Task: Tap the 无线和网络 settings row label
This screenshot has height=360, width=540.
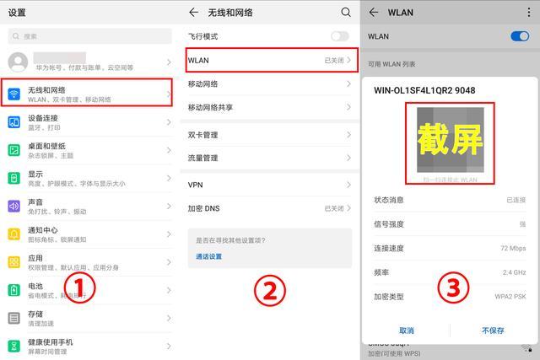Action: pyautogui.click(x=46, y=89)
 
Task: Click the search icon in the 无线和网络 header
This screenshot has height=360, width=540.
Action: pyautogui.click(x=345, y=13)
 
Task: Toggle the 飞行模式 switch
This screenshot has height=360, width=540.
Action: pyautogui.click(x=339, y=36)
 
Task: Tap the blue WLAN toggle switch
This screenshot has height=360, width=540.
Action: pyautogui.click(x=520, y=36)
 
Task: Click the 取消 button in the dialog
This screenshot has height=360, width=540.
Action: pyautogui.click(x=407, y=330)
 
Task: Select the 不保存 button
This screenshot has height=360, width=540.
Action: pyautogui.click(x=493, y=330)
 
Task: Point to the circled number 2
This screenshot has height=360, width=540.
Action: pyautogui.click(x=270, y=290)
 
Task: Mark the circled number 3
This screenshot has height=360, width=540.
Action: pyautogui.click(x=453, y=287)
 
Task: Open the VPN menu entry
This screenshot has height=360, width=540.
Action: pyautogui.click(x=196, y=185)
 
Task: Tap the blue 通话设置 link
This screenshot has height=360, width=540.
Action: pyautogui.click(x=208, y=256)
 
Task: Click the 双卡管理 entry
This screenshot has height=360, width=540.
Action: pyautogui.click(x=202, y=135)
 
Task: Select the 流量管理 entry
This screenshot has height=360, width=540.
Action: pyautogui.click(x=202, y=158)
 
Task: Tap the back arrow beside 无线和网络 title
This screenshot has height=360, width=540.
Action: pyautogui.click(x=193, y=13)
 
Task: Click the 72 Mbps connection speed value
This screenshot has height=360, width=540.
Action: pyautogui.click(x=513, y=249)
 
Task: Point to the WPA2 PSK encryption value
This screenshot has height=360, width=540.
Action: pyautogui.click(x=510, y=297)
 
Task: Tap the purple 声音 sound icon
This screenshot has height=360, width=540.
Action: pyautogui.click(x=14, y=206)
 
